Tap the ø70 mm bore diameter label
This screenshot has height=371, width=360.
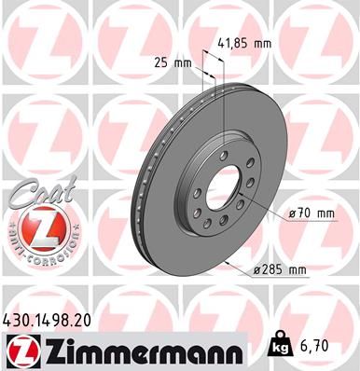coord(311,213)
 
